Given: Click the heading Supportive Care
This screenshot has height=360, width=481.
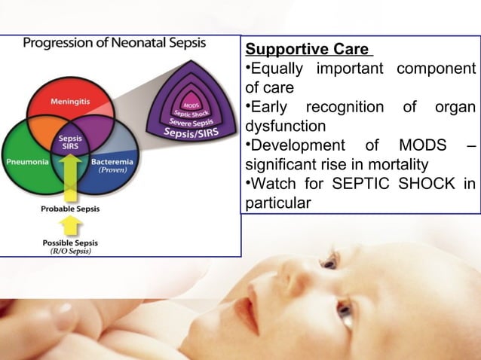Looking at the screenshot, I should click(307, 50).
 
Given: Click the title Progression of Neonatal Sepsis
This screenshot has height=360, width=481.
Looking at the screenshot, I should click(115, 43).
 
